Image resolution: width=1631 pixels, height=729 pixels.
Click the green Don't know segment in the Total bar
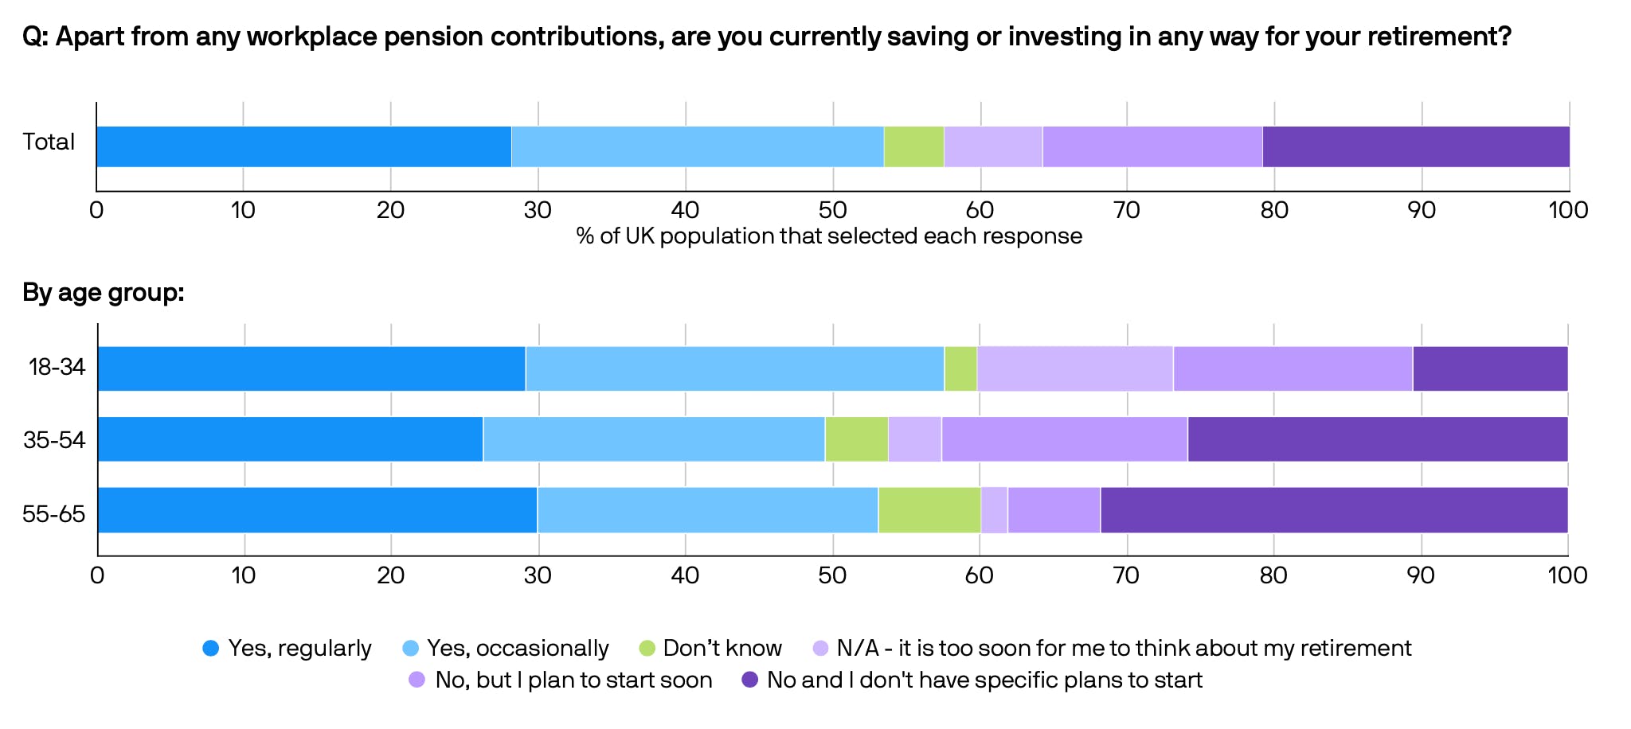pyautogui.click(x=913, y=146)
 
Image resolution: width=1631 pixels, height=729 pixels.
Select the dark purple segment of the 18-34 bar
pyautogui.click(x=1489, y=368)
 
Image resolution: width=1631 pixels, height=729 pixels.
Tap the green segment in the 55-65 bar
pyautogui.click(x=929, y=510)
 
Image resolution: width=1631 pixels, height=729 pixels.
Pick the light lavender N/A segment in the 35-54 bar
pyautogui.click(x=914, y=439)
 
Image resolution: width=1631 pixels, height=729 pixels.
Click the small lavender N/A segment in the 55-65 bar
pyautogui.click(x=994, y=510)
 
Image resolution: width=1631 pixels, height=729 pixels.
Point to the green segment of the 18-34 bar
pyautogui.click(x=960, y=368)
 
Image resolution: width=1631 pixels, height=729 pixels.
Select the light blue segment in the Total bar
pyautogui.click(x=697, y=146)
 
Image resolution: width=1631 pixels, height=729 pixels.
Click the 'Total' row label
pyautogui.click(x=49, y=142)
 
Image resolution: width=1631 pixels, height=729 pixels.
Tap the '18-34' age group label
pyautogui.click(x=57, y=367)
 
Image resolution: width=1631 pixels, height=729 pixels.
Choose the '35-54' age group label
pyautogui.click(x=54, y=439)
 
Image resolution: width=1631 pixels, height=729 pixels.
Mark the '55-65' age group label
pyautogui.click(x=53, y=513)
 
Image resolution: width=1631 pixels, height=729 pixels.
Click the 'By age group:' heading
pyautogui.click(x=104, y=293)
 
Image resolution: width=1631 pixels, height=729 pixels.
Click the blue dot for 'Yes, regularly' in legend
pyautogui.click(x=211, y=649)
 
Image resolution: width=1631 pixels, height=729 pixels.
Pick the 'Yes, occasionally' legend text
pyautogui.click(x=518, y=649)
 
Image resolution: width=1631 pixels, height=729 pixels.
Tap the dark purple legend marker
pyautogui.click(x=749, y=680)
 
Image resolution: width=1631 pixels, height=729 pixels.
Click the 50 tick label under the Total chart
pyautogui.click(x=832, y=210)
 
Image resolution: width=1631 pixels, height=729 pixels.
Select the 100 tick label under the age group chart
pyautogui.click(x=1567, y=575)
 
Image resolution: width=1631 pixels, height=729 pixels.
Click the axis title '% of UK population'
pyautogui.click(x=829, y=236)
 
